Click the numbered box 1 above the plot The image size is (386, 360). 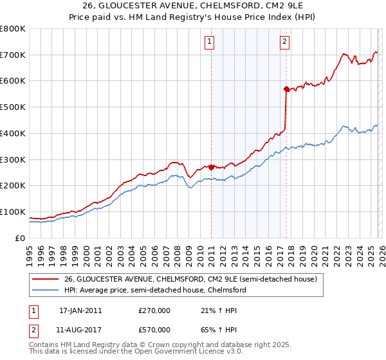pyautogui.click(x=210, y=42)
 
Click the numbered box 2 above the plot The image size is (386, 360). pyautogui.click(x=284, y=42)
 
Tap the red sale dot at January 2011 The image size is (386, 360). pyautogui.click(x=211, y=166)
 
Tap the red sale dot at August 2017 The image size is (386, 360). pyautogui.click(x=286, y=89)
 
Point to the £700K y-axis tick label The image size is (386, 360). pyautogui.click(x=13, y=55)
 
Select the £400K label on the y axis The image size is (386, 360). pyautogui.click(x=13, y=134)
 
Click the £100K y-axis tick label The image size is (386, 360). pyautogui.click(x=13, y=212)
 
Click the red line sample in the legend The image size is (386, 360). pyautogui.click(x=45, y=280)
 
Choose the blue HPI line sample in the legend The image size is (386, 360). pyautogui.click(x=45, y=291)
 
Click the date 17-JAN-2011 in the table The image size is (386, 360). pyautogui.click(x=80, y=310)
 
